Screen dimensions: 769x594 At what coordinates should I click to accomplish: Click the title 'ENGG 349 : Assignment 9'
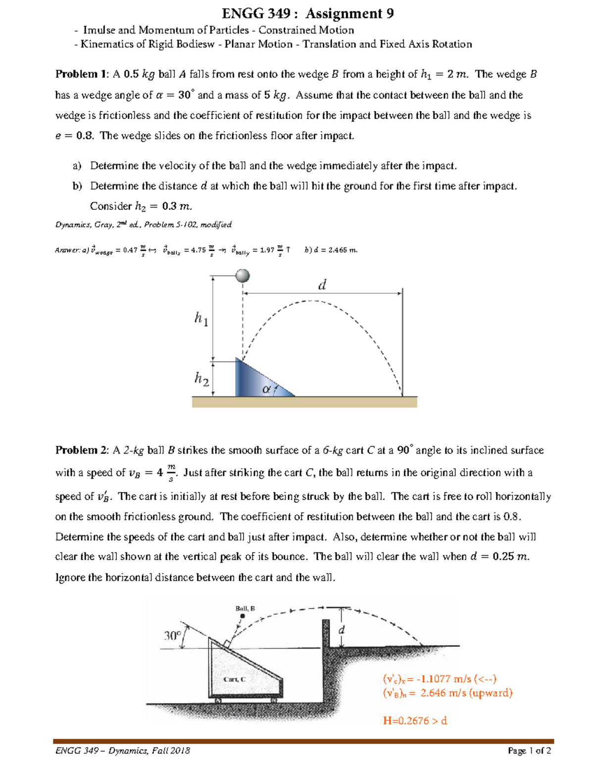pos(308,13)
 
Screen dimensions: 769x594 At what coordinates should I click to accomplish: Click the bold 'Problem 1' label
pos(81,74)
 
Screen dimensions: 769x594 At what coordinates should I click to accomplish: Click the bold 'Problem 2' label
pos(81,450)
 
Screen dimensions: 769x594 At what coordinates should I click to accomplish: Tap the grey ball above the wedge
pos(243,276)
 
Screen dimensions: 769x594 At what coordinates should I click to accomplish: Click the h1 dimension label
pos(201,318)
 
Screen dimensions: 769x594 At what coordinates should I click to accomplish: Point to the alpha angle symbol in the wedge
pos(266,390)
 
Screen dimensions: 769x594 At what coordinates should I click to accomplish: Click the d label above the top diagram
pos(322,285)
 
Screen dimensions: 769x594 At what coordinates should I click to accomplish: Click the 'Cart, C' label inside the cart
pos(234,679)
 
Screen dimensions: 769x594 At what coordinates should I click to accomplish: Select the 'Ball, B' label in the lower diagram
pos(245,608)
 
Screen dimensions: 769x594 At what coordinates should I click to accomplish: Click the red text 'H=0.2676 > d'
pos(415,720)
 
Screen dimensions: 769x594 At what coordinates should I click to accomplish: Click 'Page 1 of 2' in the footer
pos(529,751)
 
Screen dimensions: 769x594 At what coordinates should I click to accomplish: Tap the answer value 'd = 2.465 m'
pos(336,250)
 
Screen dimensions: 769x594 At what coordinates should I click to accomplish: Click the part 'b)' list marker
pos(77,186)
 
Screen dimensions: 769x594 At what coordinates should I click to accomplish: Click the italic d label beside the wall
pos(341,630)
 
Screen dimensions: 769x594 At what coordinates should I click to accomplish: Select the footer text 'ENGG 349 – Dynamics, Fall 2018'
pos(122,751)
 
